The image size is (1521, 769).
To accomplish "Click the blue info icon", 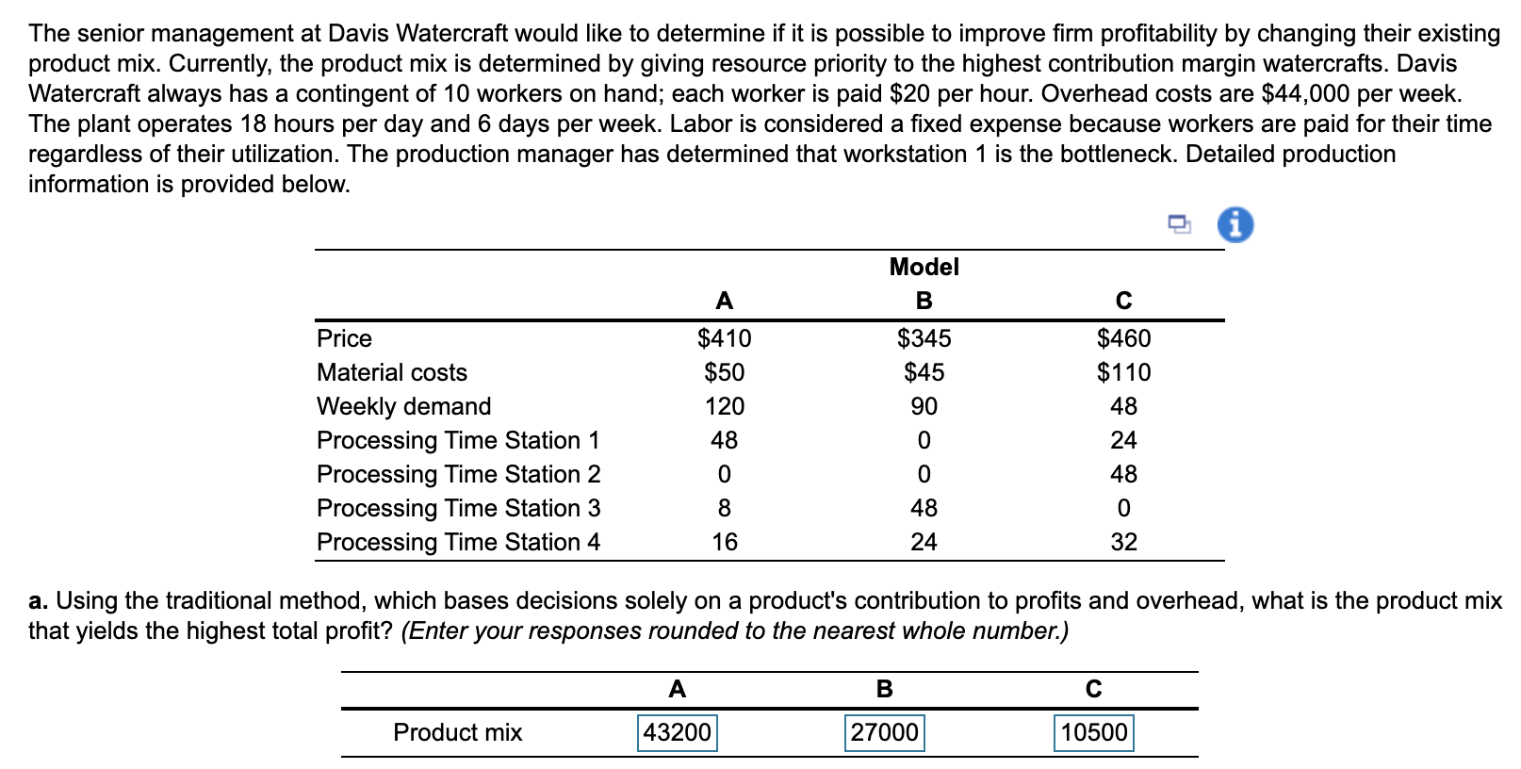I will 1235,225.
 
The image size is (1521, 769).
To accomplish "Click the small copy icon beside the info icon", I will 1179,224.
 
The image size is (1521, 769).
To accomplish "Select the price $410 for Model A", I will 724,338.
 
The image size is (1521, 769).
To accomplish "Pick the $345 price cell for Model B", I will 924,338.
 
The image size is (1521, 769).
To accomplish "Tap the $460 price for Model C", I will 1123,338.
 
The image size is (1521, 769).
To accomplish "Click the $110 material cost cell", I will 1123,372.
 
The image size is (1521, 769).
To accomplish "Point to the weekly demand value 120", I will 724,406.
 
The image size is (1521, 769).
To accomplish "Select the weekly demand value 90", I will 924,406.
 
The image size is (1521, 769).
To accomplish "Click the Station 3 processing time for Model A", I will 724,508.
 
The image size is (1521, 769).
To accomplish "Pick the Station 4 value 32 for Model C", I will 1123,542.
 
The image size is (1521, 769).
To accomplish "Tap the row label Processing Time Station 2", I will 458,474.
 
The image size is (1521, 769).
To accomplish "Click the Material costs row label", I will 392,372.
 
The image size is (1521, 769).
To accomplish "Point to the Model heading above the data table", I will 924,267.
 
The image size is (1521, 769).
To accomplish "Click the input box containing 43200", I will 677,732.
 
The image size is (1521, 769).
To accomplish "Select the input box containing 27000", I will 884,732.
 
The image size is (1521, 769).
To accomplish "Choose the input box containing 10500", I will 1093,732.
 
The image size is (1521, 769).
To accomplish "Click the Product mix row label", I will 457,732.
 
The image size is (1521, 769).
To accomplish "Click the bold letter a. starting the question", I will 38,600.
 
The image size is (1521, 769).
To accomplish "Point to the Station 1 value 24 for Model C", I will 1123,440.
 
